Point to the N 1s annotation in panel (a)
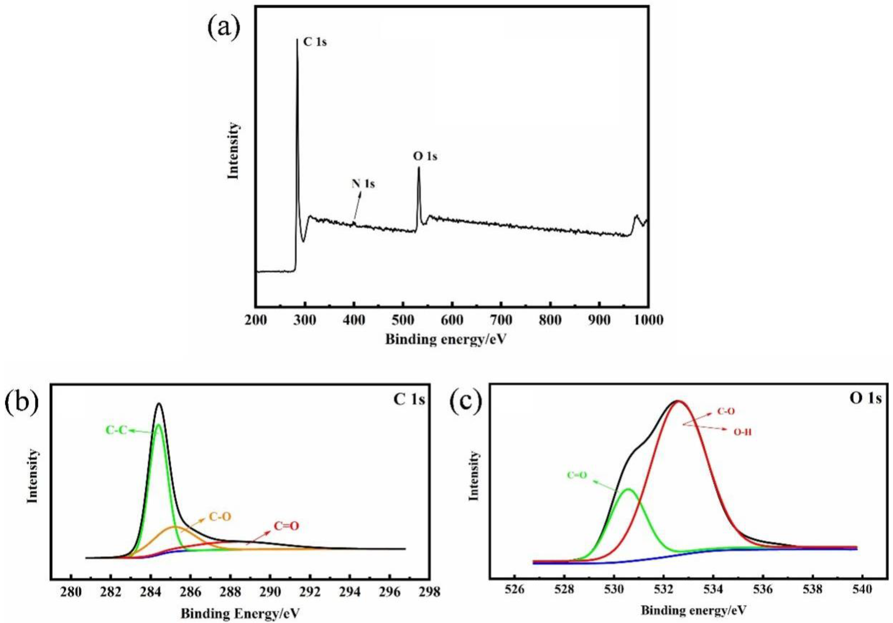(363, 184)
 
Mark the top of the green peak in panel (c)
(628, 489)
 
